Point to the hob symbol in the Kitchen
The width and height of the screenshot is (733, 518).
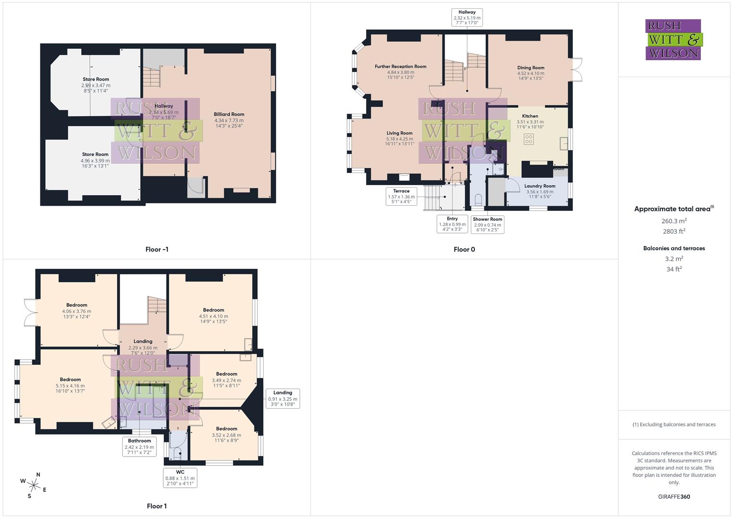click(529, 140)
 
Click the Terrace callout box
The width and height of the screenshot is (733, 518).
click(401, 196)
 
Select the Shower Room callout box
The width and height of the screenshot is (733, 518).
click(487, 224)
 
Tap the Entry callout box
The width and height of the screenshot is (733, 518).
click(452, 224)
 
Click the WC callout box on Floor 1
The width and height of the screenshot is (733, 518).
click(180, 478)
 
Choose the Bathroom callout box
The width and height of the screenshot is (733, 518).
click(139, 447)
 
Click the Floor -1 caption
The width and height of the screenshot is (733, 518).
click(157, 249)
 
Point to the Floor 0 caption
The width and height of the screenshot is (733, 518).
click(464, 249)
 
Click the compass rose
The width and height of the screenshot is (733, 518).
click(34, 485)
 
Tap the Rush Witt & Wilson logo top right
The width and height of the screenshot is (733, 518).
click(673, 39)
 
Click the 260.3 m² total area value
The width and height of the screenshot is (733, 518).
click(674, 221)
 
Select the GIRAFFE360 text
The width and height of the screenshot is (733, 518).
click(674, 496)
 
